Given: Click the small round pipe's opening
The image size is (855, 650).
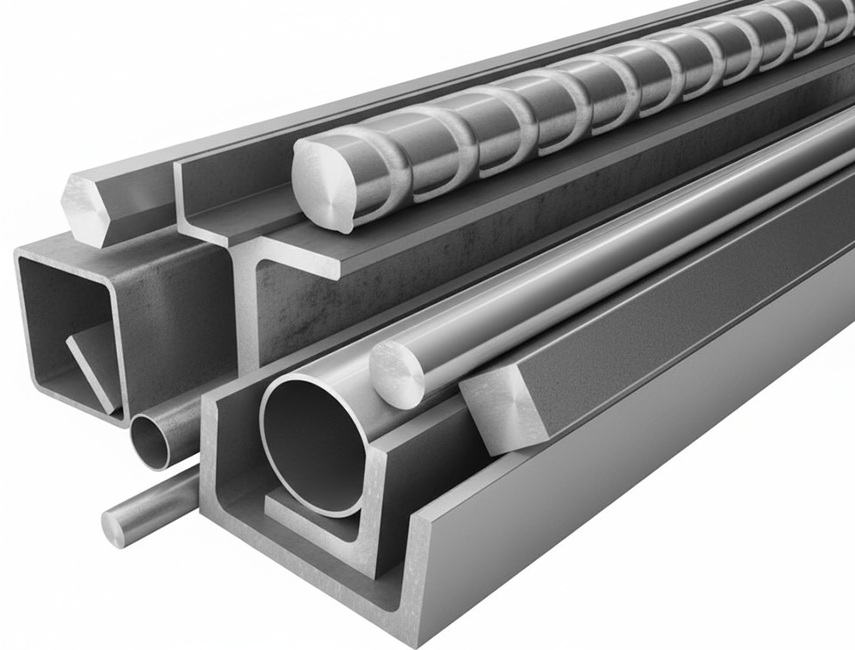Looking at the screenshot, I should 150,443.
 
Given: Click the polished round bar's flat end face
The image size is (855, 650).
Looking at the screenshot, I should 396,374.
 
